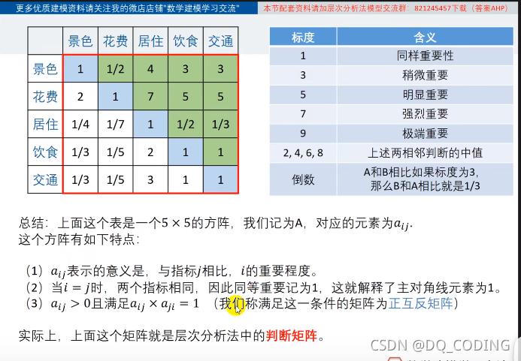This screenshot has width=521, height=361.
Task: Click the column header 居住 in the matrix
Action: point(150,41)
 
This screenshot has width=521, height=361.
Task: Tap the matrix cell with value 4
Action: point(150,69)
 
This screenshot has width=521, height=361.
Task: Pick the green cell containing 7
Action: point(150,97)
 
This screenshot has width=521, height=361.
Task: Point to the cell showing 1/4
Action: point(80,125)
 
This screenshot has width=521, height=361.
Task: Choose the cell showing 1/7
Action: point(115,125)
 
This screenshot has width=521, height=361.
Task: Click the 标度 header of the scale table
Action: point(303,37)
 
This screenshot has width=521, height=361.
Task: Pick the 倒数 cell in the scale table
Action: point(303,179)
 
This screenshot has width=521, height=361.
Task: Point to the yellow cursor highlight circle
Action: point(238,305)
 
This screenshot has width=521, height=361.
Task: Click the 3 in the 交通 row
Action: point(150,180)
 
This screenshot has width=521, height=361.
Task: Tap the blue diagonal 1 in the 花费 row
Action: point(115,97)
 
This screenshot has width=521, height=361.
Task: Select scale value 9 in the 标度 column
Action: point(303,134)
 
